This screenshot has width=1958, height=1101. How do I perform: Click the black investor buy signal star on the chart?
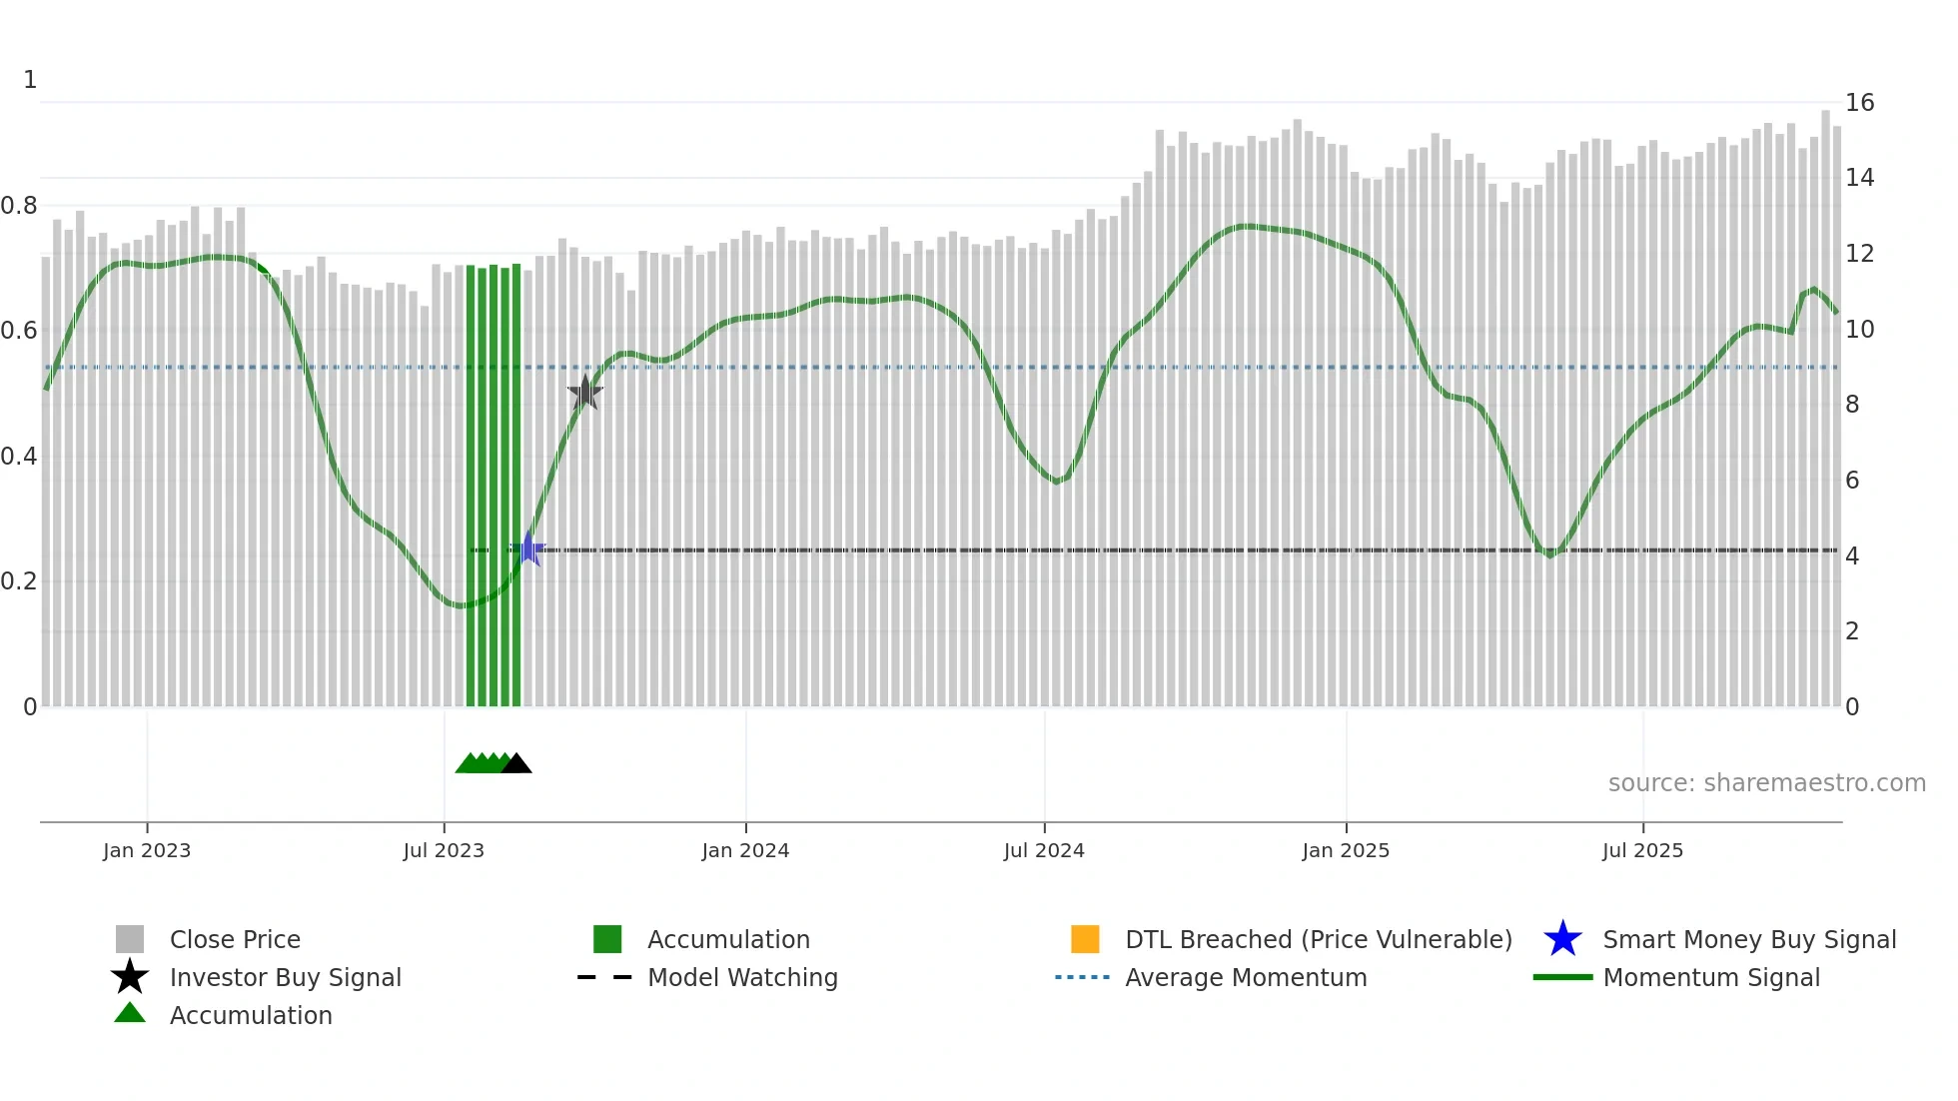click(x=585, y=393)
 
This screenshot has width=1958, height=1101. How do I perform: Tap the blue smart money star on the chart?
click(x=528, y=550)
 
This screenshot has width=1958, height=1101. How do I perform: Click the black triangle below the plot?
click(x=516, y=764)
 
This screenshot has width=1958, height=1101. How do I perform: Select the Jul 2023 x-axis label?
click(x=444, y=850)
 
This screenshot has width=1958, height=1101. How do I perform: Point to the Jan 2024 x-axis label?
click(x=745, y=850)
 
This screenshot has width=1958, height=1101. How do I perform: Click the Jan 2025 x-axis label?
click(x=1346, y=850)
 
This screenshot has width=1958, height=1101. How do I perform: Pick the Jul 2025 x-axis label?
click(x=1642, y=850)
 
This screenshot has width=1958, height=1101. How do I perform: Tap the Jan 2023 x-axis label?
click(x=147, y=850)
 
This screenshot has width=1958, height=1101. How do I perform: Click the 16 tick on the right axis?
click(x=1859, y=103)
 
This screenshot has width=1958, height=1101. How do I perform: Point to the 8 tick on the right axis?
click(x=1852, y=405)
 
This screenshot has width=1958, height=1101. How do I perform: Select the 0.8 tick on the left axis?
click(x=19, y=206)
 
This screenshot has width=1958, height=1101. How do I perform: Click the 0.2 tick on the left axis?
click(x=19, y=581)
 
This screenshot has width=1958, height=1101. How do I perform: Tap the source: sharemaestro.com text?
click(x=1766, y=783)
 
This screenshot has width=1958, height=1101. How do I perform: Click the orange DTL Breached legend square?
click(x=1085, y=939)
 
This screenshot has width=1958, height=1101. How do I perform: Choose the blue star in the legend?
click(x=1562, y=939)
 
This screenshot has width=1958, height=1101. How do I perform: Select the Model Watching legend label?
click(x=742, y=977)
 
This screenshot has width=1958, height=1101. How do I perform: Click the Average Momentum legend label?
click(x=1246, y=977)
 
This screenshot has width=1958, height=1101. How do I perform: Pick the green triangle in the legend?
click(x=130, y=1013)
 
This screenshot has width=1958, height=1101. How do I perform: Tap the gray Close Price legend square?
click(x=130, y=939)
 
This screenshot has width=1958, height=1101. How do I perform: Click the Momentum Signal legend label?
click(x=1711, y=977)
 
